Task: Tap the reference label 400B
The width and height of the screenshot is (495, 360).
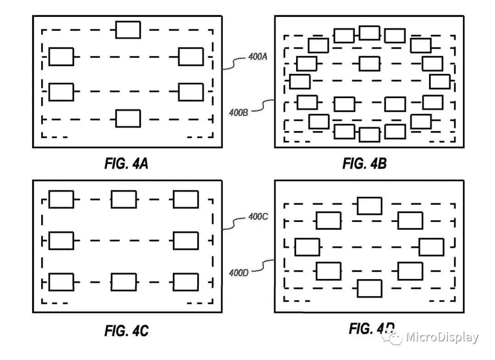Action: [x=238, y=111]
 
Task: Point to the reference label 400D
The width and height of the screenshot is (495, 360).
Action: [x=238, y=273]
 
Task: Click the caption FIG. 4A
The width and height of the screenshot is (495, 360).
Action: [x=126, y=164]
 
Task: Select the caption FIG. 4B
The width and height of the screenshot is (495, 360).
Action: [x=364, y=164]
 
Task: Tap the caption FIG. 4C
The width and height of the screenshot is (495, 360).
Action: [x=126, y=330]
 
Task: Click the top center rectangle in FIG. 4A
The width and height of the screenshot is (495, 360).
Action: [x=128, y=30]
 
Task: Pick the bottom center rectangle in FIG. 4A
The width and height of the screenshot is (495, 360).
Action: [x=128, y=118]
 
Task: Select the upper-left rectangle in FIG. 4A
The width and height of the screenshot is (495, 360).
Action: [x=61, y=56]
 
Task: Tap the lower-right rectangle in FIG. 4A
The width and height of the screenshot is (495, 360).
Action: [x=191, y=92]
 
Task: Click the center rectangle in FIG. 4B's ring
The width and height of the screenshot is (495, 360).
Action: [x=369, y=63]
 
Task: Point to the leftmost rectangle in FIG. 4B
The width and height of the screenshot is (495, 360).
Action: [x=300, y=82]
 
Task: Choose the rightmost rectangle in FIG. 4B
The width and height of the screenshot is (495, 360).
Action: [x=440, y=81]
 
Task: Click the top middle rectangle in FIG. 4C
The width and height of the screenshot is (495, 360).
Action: [x=123, y=199]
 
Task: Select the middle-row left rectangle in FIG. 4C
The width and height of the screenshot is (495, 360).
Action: [x=61, y=241]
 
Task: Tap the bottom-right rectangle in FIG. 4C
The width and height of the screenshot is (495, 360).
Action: [x=186, y=282]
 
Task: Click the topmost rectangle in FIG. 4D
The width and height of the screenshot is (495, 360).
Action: [x=369, y=205]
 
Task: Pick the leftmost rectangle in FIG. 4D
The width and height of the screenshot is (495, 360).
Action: [x=307, y=247]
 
